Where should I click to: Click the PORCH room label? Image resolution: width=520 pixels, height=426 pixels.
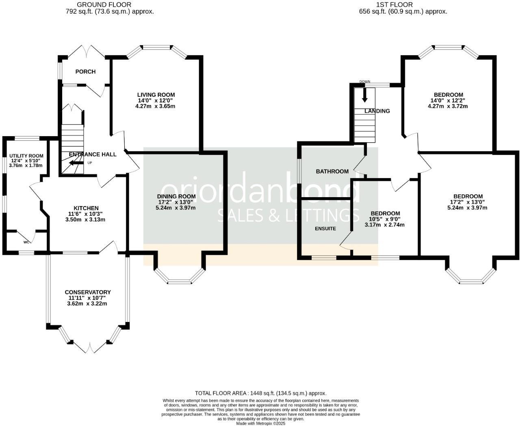[x=85, y=72]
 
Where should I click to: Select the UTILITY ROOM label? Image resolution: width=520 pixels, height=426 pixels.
[x=26, y=156]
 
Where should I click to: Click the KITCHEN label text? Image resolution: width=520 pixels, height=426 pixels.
[x=86, y=208]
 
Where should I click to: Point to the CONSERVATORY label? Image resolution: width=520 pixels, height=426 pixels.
[x=88, y=292]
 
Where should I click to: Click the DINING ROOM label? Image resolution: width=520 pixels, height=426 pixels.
[x=176, y=196]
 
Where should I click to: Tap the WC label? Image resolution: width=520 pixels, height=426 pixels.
[x=26, y=242]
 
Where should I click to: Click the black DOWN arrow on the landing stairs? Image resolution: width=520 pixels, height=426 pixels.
[x=364, y=95]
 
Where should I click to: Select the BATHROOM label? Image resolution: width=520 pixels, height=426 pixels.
[x=332, y=172]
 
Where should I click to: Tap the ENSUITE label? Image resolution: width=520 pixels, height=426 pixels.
[x=325, y=228]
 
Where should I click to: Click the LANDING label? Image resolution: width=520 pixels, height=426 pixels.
[x=377, y=111]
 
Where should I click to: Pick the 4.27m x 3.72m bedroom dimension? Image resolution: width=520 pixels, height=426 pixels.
[x=448, y=106]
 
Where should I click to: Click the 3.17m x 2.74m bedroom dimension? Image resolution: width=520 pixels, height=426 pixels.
[x=385, y=225]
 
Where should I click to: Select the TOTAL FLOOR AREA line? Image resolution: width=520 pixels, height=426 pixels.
[x=260, y=393]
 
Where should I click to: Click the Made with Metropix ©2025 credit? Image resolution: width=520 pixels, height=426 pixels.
[x=260, y=423]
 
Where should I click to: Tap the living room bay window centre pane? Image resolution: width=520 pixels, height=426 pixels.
[x=156, y=47]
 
